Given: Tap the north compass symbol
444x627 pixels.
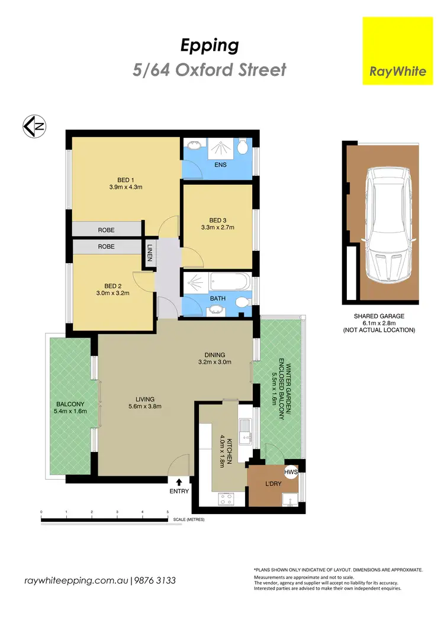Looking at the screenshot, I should (x=34, y=126).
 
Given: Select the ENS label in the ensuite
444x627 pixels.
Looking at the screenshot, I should (x=220, y=165).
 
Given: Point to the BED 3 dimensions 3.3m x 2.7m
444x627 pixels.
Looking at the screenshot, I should (x=218, y=226).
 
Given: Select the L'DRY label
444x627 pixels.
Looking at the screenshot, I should (x=274, y=484).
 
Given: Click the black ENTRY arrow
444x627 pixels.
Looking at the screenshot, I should (x=179, y=482).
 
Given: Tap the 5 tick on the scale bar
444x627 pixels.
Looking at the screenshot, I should (x=168, y=512).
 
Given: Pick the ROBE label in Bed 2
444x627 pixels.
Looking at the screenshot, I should (x=107, y=246).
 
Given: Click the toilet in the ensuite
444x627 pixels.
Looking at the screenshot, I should (x=242, y=147).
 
